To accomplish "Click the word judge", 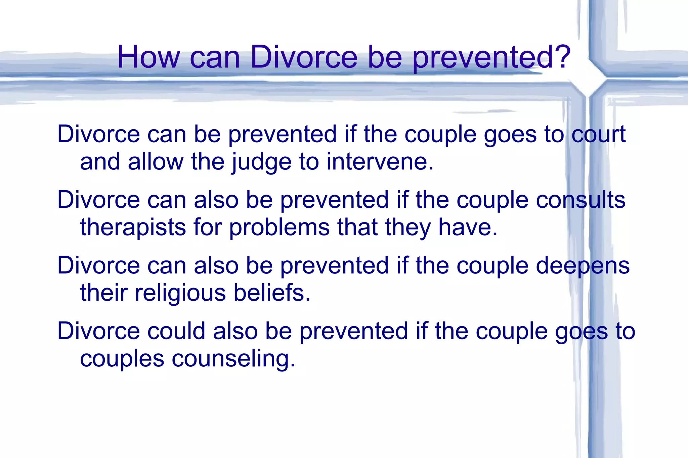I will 261,162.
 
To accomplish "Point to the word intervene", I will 379,162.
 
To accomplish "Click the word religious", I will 180,293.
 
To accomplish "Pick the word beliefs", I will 272,293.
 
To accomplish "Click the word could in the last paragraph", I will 176,331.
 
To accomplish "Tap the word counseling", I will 233,359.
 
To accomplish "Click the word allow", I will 156,162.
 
